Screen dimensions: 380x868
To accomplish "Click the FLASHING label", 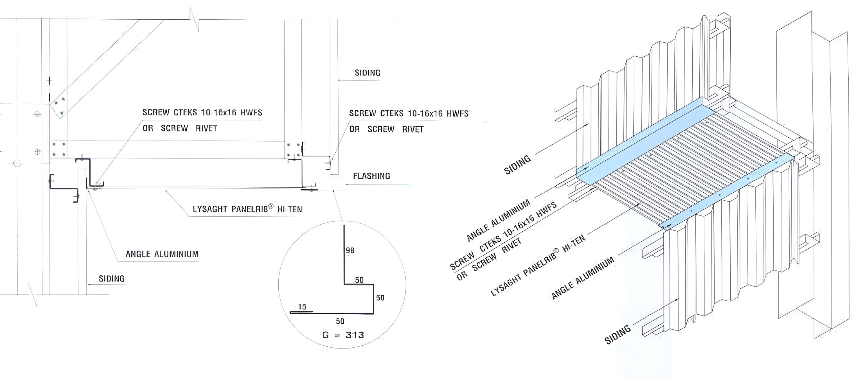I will (x=371, y=176).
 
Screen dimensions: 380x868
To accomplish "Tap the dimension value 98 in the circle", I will (x=350, y=250).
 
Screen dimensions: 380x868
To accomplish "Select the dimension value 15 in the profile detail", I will (x=302, y=307).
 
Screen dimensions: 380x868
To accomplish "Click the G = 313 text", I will (x=343, y=335).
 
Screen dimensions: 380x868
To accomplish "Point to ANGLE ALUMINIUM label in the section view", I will (x=162, y=254).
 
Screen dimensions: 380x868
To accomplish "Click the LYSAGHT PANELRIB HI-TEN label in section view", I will (x=247, y=209).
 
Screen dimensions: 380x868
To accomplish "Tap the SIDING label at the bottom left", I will (x=111, y=278).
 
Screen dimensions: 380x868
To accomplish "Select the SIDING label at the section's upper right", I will (x=367, y=73).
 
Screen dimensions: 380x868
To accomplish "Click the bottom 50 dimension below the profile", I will (x=340, y=321).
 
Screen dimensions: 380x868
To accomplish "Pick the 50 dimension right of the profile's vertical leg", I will (x=380, y=298).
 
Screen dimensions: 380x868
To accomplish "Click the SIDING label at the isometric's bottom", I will (x=618, y=335).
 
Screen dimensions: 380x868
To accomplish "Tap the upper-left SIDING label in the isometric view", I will (x=517, y=165).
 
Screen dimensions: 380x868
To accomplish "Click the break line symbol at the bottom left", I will (x=33, y=294).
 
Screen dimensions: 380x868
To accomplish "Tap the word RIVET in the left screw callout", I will (x=206, y=128).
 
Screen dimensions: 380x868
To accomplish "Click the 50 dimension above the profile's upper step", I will (x=359, y=280).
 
